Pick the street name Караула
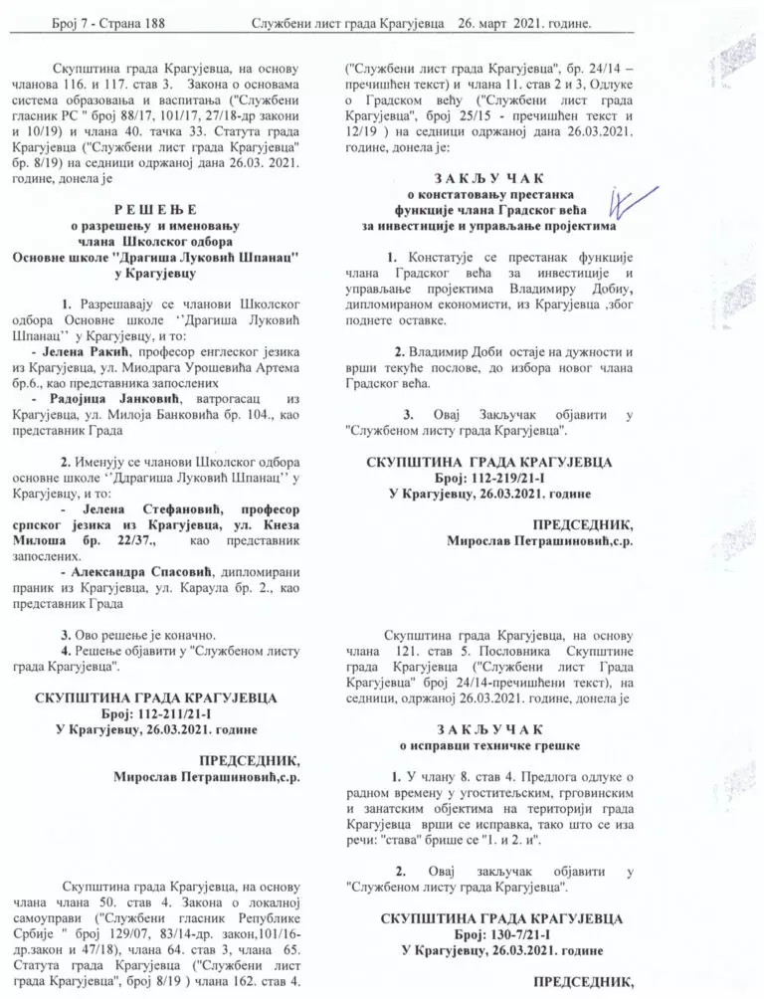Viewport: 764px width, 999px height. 238,590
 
